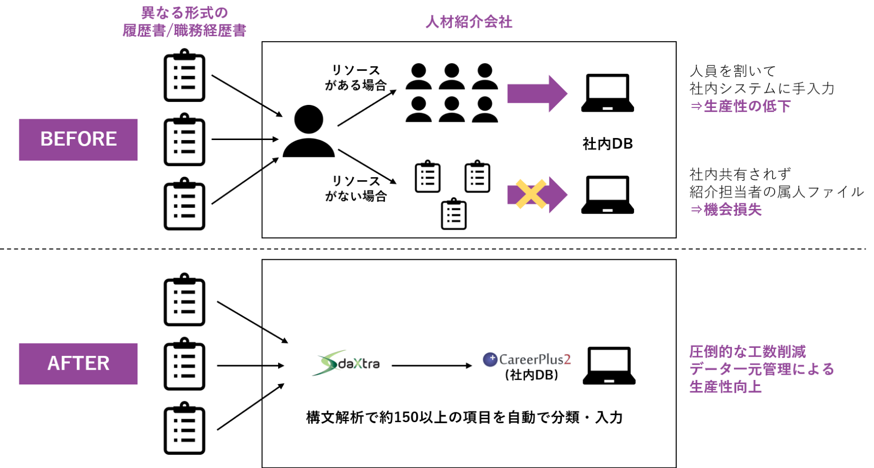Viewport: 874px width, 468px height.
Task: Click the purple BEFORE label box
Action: click(78, 140)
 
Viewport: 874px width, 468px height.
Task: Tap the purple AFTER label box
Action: click(78, 364)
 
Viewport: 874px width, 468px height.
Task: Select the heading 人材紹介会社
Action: click(469, 22)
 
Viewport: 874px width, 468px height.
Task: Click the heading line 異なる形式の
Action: click(184, 13)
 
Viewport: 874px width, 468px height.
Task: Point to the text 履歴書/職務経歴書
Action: click(184, 31)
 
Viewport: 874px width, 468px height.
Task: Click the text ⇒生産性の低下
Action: click(741, 106)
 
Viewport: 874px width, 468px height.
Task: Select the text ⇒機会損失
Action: click(726, 209)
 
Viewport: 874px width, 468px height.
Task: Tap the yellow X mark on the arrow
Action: click(531, 194)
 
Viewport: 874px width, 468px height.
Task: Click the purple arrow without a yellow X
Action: click(537, 94)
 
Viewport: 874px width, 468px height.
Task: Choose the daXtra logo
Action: click(346, 363)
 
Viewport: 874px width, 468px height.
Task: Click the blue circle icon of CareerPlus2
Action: click(490, 360)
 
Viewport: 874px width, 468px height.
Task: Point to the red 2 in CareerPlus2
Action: click(567, 360)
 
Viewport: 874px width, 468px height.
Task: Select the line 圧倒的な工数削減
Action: click(748, 351)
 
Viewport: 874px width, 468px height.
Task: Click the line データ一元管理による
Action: click(762, 369)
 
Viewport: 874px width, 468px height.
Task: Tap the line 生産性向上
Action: click(726, 387)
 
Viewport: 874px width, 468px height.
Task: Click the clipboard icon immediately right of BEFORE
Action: click(184, 140)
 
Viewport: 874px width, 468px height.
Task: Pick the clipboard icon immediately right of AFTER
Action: click(184, 364)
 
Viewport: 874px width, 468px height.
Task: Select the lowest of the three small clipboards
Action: click(454, 214)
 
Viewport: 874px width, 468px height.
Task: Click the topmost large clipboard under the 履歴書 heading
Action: click(184, 75)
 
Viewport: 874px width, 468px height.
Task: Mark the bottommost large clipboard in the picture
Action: click(184, 428)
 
